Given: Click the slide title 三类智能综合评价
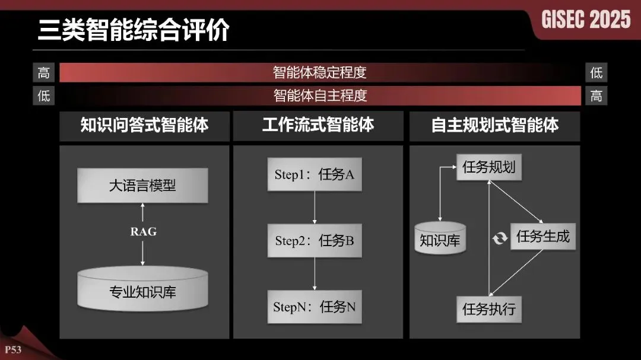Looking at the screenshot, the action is tap(134, 30).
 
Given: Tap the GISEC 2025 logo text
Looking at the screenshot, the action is tap(586, 20).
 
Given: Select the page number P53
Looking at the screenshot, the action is tap(13, 349).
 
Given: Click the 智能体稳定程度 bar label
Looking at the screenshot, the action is tap(320, 72).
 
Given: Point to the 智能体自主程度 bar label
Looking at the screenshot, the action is tap(320, 95).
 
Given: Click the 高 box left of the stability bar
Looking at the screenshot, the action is tap(44, 72).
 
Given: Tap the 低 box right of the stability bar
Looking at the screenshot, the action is tap(596, 72).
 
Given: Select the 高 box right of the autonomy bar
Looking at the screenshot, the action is tap(596, 95).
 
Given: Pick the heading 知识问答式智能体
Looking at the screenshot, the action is tap(144, 125).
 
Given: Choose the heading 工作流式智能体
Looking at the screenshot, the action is tap(318, 125).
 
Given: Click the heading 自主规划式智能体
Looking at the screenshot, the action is tap(494, 125).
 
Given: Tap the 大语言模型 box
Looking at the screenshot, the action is tap(142, 186).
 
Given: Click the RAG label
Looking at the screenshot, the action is tap(143, 231).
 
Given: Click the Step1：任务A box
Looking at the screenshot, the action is tap(315, 174).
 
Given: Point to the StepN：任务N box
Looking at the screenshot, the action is tap(315, 307).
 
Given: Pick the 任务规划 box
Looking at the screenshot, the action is tap(489, 167).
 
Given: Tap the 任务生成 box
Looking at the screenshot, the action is tap(542, 237).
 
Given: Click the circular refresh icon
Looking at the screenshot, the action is tap(500, 238).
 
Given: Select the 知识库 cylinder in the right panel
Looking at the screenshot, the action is tap(440, 238).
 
